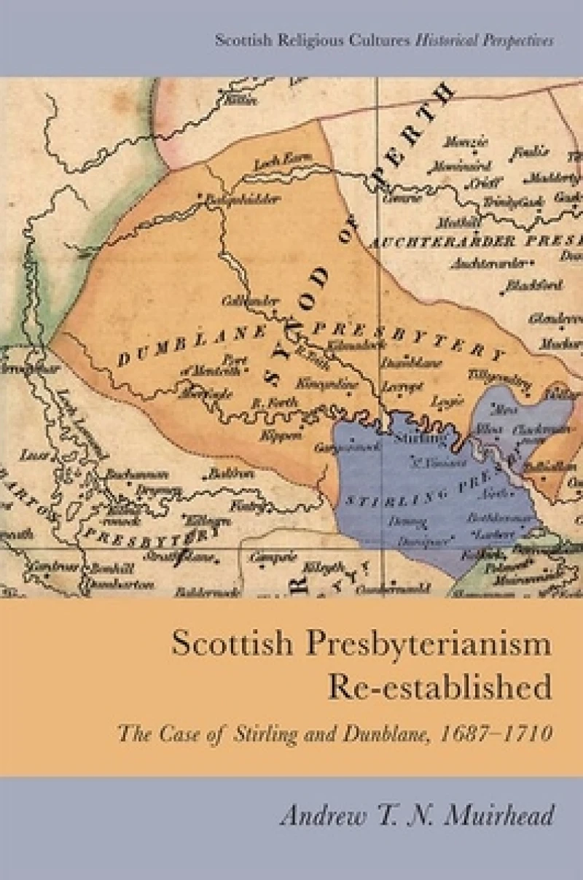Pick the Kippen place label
pos(268,435)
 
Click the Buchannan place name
pos(132,473)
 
